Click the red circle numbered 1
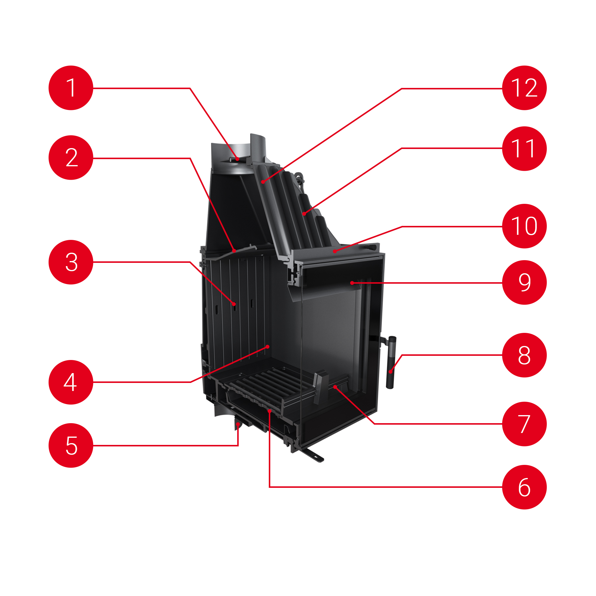coord(71,88)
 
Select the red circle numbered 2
coord(71,158)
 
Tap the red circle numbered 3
coord(71,262)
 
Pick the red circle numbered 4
coord(71,382)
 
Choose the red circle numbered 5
coord(71,446)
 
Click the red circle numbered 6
coord(524,487)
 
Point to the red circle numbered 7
coord(524,424)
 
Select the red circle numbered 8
coord(524,355)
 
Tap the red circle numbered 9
coord(524,283)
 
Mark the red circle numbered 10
coord(524,226)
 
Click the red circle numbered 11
coord(524,148)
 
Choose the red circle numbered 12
coord(524,88)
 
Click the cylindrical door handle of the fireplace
coord(391,362)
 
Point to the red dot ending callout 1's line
coord(237,159)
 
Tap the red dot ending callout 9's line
coord(352,283)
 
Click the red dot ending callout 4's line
coord(268,347)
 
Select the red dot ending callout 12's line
coord(263,182)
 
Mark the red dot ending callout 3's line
coord(234,304)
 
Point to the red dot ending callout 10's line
coord(335,252)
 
